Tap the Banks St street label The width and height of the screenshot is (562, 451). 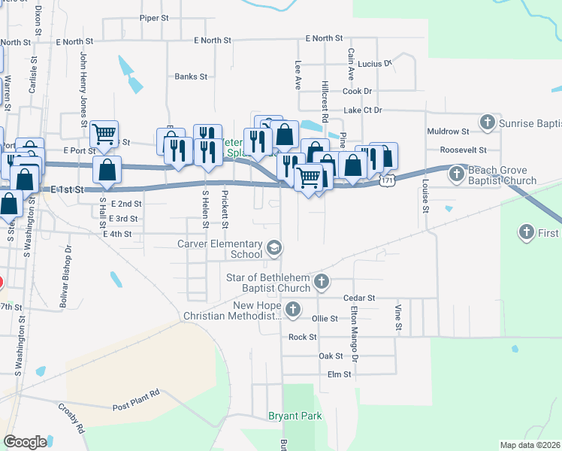pyautogui.click(x=191, y=77)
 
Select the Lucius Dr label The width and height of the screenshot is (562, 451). pyautogui.click(x=376, y=64)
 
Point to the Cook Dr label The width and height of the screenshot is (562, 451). pyautogui.click(x=357, y=92)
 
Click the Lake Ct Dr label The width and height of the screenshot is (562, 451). pyautogui.click(x=363, y=110)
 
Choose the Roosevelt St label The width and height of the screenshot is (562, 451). pyautogui.click(x=464, y=150)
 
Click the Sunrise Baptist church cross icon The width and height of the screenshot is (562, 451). pyautogui.click(x=488, y=122)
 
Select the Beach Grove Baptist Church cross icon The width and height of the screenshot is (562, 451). pyautogui.click(x=456, y=175)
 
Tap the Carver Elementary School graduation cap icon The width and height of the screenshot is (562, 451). pyautogui.click(x=275, y=247)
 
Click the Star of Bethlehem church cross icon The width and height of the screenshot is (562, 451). pyautogui.click(x=322, y=283)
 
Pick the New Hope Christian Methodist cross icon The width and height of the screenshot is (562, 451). pyautogui.click(x=293, y=309)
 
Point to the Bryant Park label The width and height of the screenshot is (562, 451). pyautogui.click(x=295, y=416)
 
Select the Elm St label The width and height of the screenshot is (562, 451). pyautogui.click(x=339, y=374)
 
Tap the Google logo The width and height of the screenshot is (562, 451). pyautogui.click(x=25, y=442)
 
